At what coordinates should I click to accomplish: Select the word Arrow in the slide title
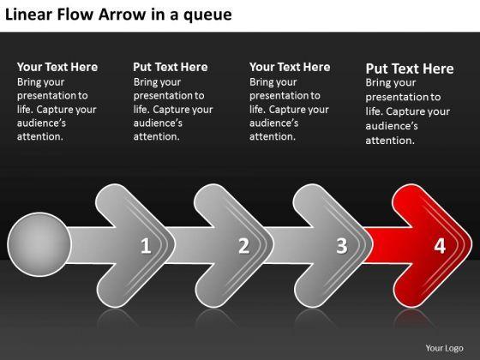click(x=122, y=15)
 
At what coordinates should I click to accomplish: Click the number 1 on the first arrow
click(x=146, y=245)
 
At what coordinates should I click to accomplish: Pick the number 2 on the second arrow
click(x=244, y=245)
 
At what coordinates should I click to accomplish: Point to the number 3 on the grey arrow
click(x=342, y=245)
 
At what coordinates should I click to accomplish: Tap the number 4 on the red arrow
click(x=440, y=245)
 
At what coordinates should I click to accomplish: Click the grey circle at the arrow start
click(x=39, y=244)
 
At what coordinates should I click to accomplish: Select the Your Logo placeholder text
click(x=444, y=348)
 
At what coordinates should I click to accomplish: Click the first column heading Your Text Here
click(x=57, y=67)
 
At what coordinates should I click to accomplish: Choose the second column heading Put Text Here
click(x=171, y=67)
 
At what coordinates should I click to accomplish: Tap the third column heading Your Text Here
click(x=290, y=67)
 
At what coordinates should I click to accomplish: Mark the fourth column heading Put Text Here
click(x=410, y=69)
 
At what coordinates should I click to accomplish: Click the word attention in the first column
click(x=39, y=136)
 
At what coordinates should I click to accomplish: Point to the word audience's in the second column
click(x=158, y=123)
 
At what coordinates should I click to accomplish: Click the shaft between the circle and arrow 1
click(x=92, y=245)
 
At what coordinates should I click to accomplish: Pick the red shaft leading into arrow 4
click(x=387, y=245)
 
